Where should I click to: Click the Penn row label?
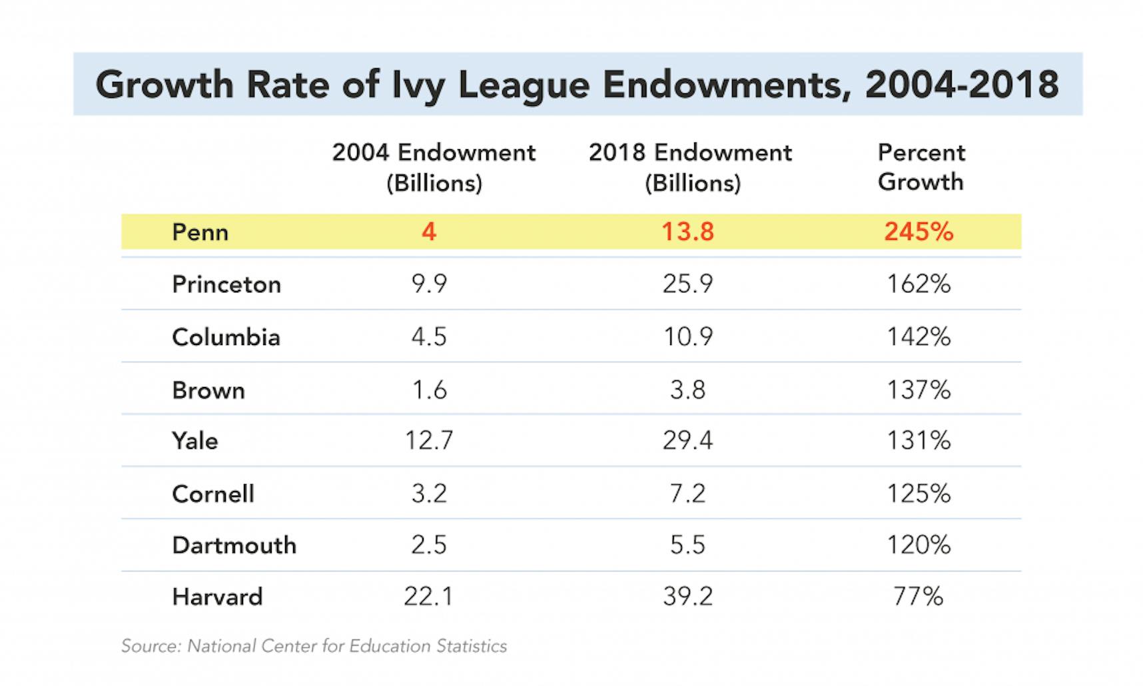(200, 232)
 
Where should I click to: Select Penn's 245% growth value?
(919, 232)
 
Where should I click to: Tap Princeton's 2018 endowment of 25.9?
(687, 284)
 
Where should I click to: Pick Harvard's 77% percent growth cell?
(919, 596)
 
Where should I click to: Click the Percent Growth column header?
(921, 167)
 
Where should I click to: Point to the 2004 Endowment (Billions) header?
(434, 167)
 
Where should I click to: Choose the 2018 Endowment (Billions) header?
(691, 167)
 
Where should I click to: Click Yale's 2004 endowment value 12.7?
(429, 440)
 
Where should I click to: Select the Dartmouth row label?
(234, 545)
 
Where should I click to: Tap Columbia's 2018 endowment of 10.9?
(687, 337)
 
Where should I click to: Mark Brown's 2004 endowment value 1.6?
(429, 390)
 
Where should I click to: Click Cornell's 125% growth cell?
(919, 494)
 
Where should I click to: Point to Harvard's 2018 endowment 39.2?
(687, 596)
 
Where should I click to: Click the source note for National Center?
(314, 646)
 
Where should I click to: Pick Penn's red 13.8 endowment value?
(687, 232)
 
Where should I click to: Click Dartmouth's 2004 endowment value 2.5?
(429, 545)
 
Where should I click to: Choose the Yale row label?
(194, 441)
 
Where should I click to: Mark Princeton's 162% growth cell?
(919, 284)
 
